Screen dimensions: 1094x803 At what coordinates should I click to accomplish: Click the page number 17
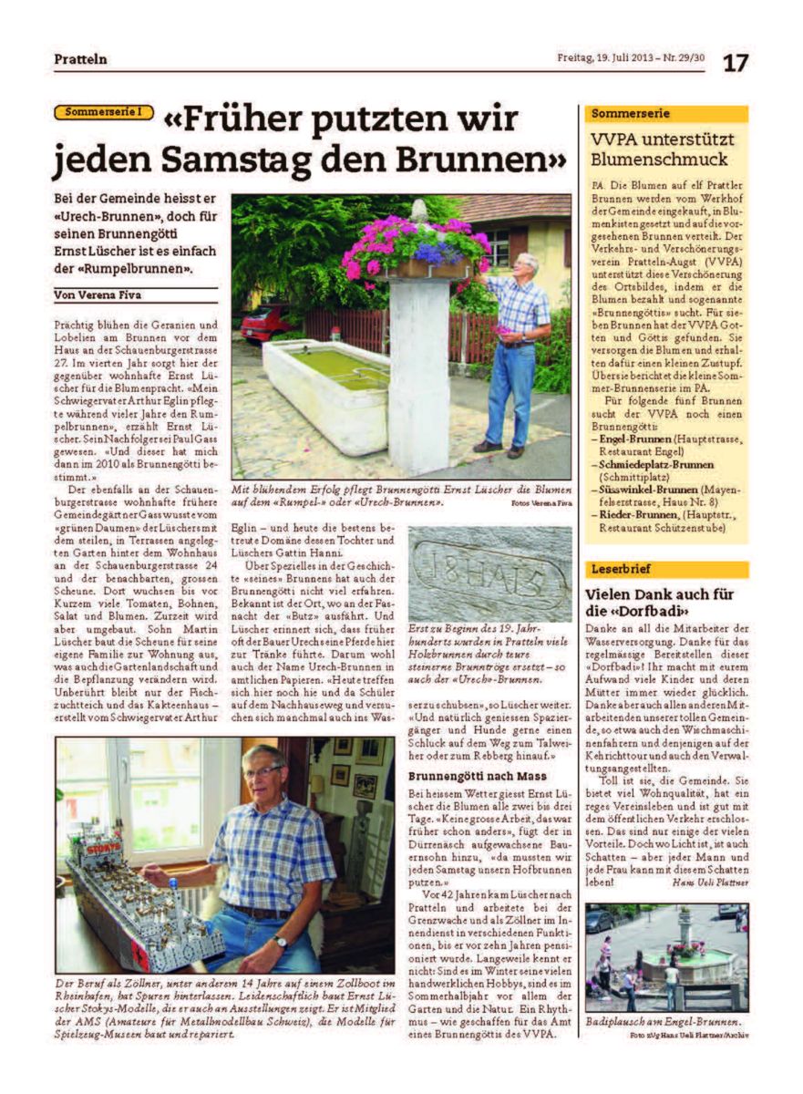pyautogui.click(x=736, y=62)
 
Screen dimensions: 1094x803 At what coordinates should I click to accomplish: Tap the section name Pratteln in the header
pyautogui.click(x=80, y=59)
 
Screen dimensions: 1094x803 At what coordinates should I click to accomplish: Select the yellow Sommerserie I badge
pyautogui.click(x=103, y=113)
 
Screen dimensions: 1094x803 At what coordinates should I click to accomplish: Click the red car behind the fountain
pyautogui.click(x=265, y=322)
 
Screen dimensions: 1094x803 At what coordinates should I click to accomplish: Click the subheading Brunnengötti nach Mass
pyautogui.click(x=465, y=776)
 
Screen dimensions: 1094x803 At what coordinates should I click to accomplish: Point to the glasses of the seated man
pyautogui.click(x=263, y=772)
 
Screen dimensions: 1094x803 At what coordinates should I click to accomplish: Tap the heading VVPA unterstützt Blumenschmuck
pyautogui.click(x=662, y=150)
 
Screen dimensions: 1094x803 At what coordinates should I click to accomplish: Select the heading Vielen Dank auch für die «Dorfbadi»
pyautogui.click(x=660, y=603)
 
